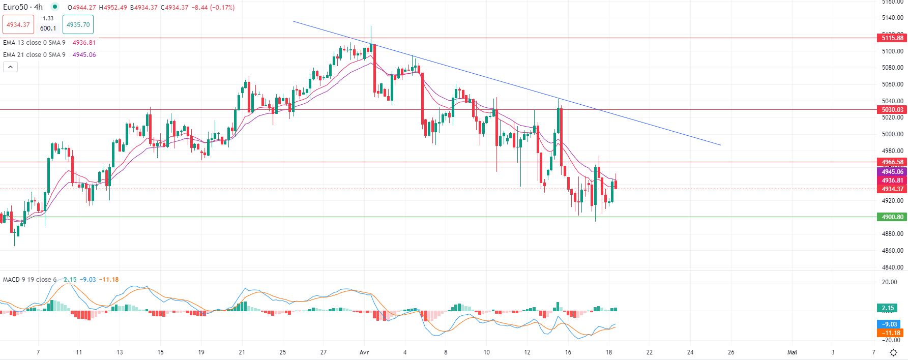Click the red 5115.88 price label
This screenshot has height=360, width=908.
pos(892,38)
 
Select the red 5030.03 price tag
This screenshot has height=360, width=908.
pos(892,110)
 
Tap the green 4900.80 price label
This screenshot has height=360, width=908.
pos(892,217)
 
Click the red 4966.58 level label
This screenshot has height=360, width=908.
pos(892,162)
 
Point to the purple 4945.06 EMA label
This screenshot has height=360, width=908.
pos(892,172)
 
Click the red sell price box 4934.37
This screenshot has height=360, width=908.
pos(18,25)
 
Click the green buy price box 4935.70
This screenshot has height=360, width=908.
pos(78,25)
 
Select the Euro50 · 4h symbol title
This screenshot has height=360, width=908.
pos(23,7)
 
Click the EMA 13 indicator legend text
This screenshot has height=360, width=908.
pos(34,43)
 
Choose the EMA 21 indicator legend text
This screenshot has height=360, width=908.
pos(34,55)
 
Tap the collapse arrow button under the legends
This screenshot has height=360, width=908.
pos(10,67)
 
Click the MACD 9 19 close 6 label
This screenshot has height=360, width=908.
pos(30,280)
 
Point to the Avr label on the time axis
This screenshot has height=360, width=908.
pos(364,352)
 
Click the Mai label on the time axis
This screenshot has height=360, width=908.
pos(792,352)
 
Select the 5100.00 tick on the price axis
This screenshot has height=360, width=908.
pos(892,51)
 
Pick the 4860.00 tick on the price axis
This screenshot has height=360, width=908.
pos(892,251)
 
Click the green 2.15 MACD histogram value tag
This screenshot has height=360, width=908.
pos(888,308)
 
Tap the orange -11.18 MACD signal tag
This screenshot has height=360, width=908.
pos(890,333)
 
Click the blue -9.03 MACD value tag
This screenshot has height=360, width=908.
pos(890,324)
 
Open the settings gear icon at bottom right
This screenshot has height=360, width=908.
pos(893,352)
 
